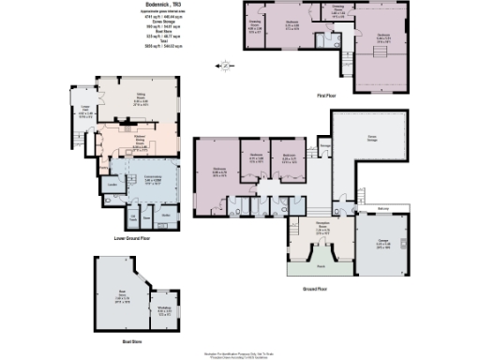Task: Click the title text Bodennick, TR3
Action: (x=143, y=7)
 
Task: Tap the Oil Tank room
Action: (x=132, y=217)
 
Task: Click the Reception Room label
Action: (x=321, y=228)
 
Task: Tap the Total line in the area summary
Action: (x=143, y=39)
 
